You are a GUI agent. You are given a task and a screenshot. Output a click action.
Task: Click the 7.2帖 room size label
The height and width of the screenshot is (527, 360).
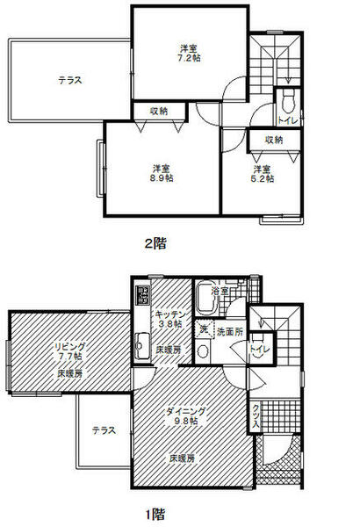pyautogui.click(x=186, y=58)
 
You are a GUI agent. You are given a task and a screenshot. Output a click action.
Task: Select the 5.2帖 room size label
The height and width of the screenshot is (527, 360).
pyautogui.click(x=263, y=177)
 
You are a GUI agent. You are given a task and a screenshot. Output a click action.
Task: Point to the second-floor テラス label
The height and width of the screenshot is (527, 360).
pyautogui.click(x=70, y=80)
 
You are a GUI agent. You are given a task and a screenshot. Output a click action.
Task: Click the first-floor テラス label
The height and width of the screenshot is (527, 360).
pyautogui.click(x=104, y=430)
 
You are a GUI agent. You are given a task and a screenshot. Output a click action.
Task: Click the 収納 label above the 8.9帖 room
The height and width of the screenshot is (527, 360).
pyautogui.click(x=158, y=111)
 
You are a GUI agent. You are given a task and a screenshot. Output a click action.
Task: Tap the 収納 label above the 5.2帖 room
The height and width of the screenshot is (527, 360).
pyautogui.click(x=274, y=139)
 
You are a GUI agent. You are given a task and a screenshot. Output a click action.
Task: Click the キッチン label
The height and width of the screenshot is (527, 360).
pyautogui.click(x=168, y=314)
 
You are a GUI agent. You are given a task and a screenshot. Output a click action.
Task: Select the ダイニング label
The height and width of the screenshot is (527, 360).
pyautogui.click(x=186, y=410)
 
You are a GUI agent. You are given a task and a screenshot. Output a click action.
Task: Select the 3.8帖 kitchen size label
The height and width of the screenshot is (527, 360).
pyautogui.click(x=169, y=324)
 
